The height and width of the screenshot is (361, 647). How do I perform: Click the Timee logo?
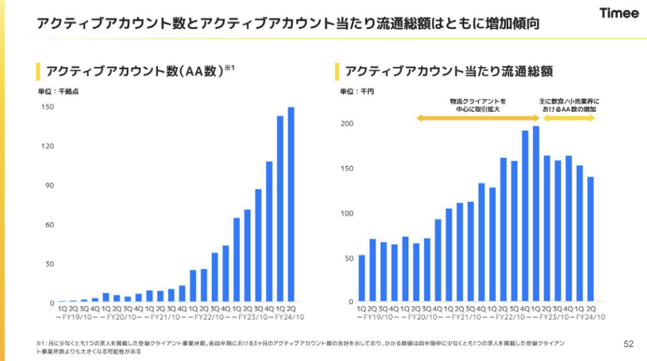click(x=619, y=14)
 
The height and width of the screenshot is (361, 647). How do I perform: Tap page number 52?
click(x=628, y=344)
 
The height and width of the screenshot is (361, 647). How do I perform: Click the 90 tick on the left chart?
click(x=49, y=185)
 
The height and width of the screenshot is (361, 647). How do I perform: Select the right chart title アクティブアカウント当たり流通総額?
click(x=449, y=71)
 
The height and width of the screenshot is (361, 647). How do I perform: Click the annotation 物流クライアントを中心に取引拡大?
click(x=478, y=104)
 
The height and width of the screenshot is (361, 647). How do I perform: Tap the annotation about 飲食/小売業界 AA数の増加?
click(x=568, y=104)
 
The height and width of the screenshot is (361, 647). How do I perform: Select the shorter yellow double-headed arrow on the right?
click(x=569, y=118)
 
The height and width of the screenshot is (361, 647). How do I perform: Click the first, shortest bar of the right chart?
click(x=361, y=278)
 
